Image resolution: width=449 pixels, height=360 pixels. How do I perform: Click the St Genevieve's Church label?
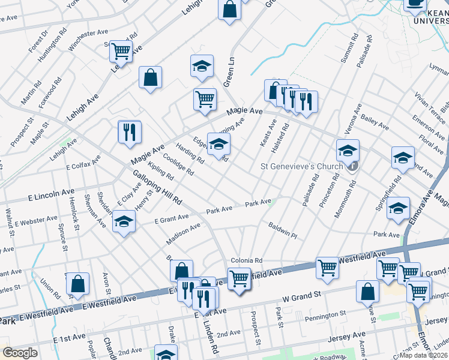(300, 166)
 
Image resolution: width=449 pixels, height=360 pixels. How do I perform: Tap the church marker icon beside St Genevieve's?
(354, 166)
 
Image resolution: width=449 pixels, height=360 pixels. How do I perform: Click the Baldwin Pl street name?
(283, 231)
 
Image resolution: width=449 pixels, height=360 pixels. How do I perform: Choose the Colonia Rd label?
(247, 260)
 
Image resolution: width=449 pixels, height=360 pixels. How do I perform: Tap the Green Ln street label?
(229, 69)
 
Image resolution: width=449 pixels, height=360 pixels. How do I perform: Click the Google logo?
(20, 353)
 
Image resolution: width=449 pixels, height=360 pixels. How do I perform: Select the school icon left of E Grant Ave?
(124, 222)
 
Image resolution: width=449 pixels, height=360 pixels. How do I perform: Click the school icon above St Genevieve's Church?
(348, 151)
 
